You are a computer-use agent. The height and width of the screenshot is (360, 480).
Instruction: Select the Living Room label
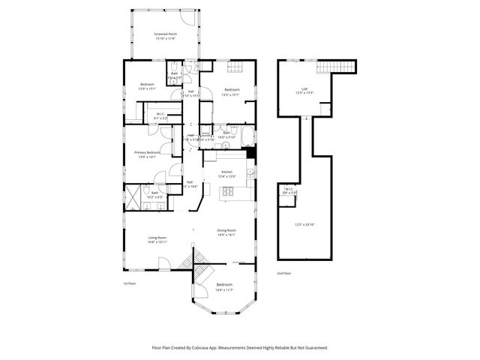(x=157, y=238)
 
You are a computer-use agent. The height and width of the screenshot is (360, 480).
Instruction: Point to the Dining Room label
(x=226, y=229)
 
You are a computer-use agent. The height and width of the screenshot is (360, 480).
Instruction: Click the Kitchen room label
(x=226, y=172)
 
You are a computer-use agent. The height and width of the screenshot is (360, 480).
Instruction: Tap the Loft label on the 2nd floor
(x=304, y=88)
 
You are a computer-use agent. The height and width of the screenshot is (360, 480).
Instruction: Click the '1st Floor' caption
(x=130, y=283)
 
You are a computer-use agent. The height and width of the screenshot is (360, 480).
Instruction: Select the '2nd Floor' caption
(x=285, y=274)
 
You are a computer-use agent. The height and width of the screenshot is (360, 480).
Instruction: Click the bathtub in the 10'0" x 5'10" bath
(x=247, y=136)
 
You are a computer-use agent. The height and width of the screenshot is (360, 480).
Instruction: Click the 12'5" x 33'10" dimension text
(x=304, y=225)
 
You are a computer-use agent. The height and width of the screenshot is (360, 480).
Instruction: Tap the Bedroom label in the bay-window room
(x=224, y=285)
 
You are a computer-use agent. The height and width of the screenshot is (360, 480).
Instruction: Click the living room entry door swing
(x=163, y=263)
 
